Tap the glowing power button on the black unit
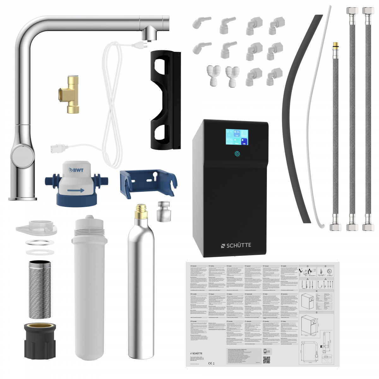(237, 154)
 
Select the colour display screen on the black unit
(237, 137)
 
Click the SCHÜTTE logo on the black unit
(236, 245)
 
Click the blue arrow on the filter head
(76, 190)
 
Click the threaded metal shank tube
(39, 289)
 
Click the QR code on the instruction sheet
(267, 360)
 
